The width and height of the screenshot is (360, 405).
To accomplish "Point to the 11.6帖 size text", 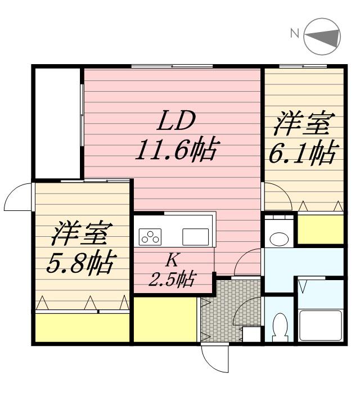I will point(175,150).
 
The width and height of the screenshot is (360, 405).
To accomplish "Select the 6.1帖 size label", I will point(303,152).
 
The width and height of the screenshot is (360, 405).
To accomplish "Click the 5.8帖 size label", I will point(81,263).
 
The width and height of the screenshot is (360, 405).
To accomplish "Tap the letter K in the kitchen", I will point(172,260).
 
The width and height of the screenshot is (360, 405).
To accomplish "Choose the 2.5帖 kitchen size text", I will point(172,278).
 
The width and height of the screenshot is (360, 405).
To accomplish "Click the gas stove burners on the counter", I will point(150,237).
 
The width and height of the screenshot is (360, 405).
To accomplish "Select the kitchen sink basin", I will point(195,237).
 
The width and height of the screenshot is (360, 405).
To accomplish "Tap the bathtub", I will point(320,325).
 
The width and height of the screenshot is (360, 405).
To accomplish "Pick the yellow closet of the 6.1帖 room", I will point(320,229).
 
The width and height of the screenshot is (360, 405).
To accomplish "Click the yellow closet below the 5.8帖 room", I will point(82,328).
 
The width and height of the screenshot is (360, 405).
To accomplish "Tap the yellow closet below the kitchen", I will point(164,319).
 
